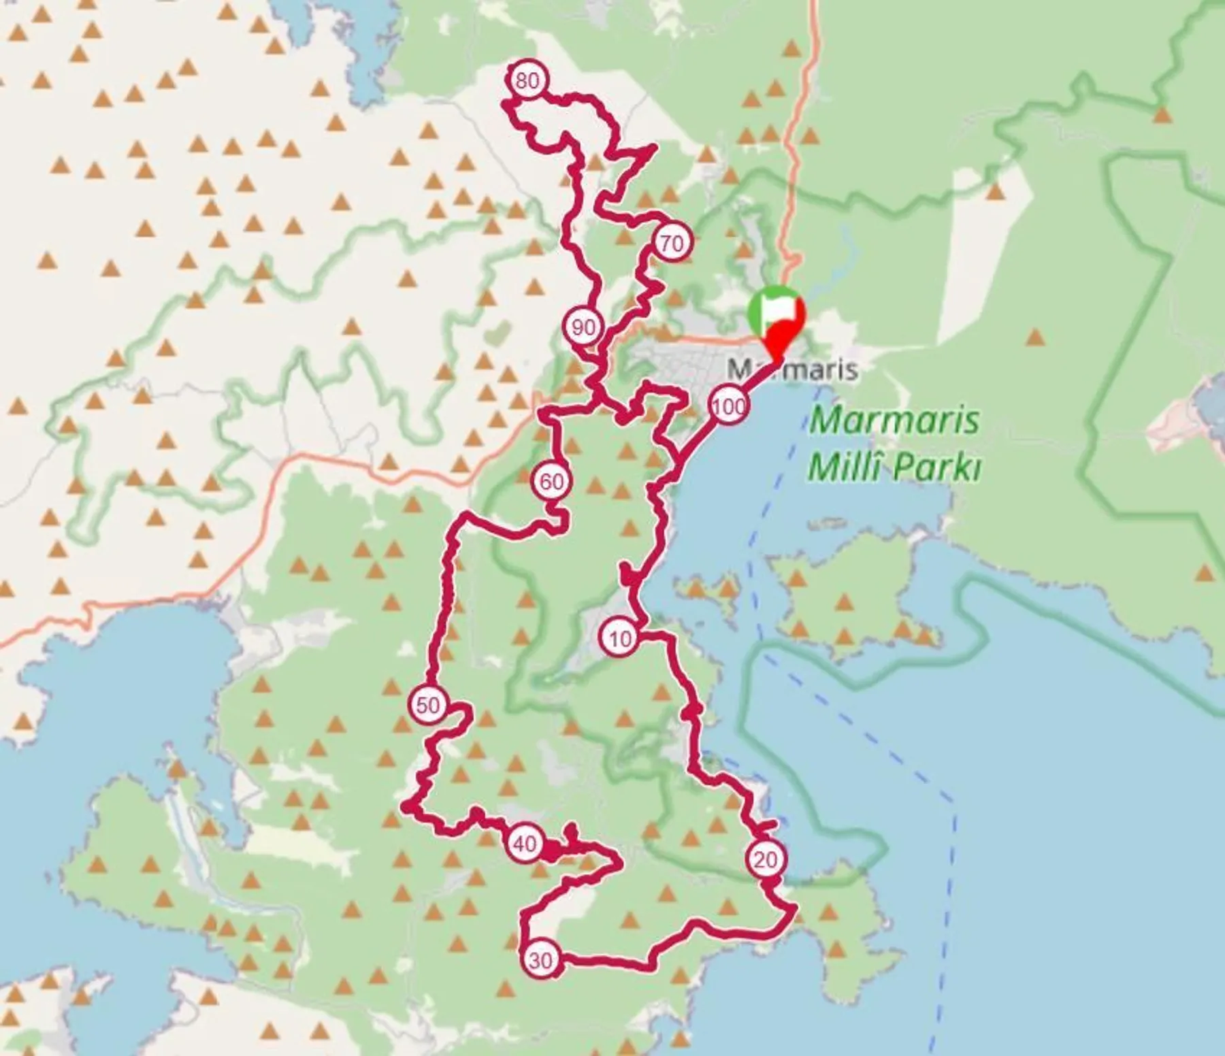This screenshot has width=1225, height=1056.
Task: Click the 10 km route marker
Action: pos(619,639)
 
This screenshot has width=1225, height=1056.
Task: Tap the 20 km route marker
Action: pos(766,860)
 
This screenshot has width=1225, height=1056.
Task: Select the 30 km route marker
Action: pos(540,960)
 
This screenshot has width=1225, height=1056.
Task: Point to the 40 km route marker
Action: pos(524,844)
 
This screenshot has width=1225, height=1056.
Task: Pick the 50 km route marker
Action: pos(427,705)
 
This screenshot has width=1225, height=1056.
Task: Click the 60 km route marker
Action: pos(551,482)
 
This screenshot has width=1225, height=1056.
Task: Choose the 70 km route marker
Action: pos(672,243)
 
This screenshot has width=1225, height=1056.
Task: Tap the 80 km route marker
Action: pos(527,81)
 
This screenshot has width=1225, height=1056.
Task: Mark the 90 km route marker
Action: pos(583,328)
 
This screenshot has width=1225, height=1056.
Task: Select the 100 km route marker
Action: pos(729,408)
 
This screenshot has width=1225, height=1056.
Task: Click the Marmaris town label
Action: pos(792,370)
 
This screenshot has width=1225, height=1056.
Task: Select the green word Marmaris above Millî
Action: pos(895,420)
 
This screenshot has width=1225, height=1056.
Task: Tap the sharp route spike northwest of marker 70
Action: pos(653,147)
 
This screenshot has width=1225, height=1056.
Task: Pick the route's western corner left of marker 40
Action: pos(407,808)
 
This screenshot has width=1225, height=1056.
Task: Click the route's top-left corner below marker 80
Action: pos(504,104)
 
